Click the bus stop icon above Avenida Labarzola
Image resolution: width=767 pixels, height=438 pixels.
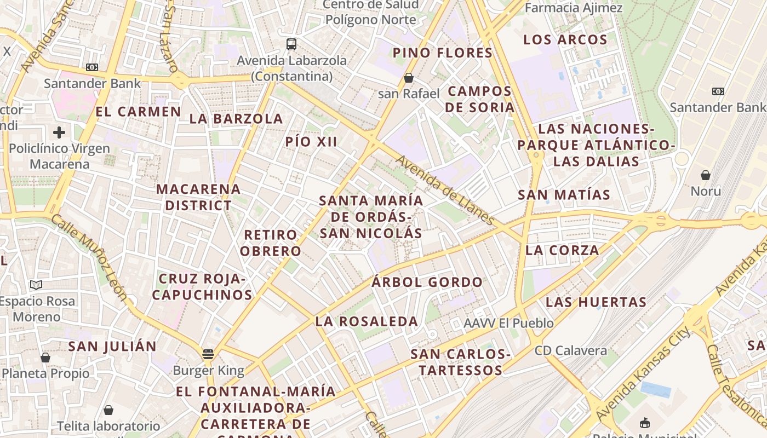click(x=291, y=44)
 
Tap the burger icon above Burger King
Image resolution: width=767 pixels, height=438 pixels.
click(x=208, y=354)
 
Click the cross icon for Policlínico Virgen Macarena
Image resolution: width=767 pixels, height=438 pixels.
click(x=59, y=132)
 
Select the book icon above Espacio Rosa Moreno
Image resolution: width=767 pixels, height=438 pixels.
click(x=36, y=285)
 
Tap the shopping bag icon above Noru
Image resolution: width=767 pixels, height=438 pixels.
click(x=706, y=175)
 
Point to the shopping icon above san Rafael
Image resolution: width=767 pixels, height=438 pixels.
click(x=408, y=78)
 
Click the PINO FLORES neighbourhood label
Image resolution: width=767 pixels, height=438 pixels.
click(x=443, y=53)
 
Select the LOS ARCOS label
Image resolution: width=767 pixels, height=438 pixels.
click(x=565, y=40)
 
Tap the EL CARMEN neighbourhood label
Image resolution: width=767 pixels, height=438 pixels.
click(x=138, y=112)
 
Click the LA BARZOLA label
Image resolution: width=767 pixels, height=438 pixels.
click(x=236, y=119)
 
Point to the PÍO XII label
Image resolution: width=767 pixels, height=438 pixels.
click(x=311, y=142)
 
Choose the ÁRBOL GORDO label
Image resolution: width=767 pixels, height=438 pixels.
click(x=427, y=283)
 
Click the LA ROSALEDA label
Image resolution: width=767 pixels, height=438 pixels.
click(x=367, y=321)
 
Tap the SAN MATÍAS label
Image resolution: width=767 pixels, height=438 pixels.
click(x=564, y=195)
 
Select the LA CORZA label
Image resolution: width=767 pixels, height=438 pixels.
click(x=562, y=250)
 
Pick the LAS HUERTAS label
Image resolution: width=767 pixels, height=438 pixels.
click(x=596, y=302)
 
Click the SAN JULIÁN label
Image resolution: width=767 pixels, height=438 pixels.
click(x=112, y=347)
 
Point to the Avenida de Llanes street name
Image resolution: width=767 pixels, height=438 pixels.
click(x=445, y=190)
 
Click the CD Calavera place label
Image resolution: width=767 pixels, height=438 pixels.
click(x=571, y=351)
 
